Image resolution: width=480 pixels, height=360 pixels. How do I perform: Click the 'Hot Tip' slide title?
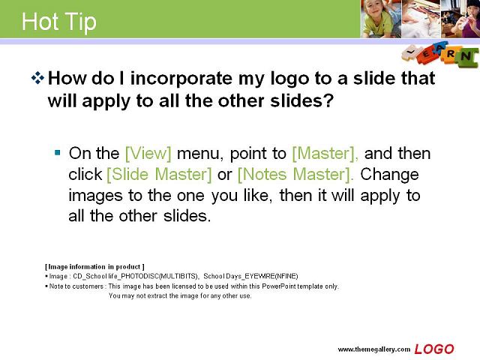(x=59, y=22)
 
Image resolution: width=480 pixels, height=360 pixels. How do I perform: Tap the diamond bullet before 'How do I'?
(x=37, y=78)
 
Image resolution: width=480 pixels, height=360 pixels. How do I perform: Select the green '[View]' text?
(x=148, y=153)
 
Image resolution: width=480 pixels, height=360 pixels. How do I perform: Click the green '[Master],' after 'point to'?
(x=325, y=153)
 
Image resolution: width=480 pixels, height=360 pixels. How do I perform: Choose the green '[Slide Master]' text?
(x=159, y=175)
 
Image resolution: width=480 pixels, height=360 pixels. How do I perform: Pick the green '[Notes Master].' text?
(x=295, y=175)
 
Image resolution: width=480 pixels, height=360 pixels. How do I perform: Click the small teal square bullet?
(x=57, y=152)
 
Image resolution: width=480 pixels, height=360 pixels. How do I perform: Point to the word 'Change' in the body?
(x=389, y=175)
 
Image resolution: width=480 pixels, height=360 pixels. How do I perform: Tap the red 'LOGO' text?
(x=434, y=349)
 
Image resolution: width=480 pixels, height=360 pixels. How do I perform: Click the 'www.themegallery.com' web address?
(x=373, y=349)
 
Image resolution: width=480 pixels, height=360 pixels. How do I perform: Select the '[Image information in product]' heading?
(x=94, y=267)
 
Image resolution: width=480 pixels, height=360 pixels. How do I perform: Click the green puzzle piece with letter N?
(x=466, y=57)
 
